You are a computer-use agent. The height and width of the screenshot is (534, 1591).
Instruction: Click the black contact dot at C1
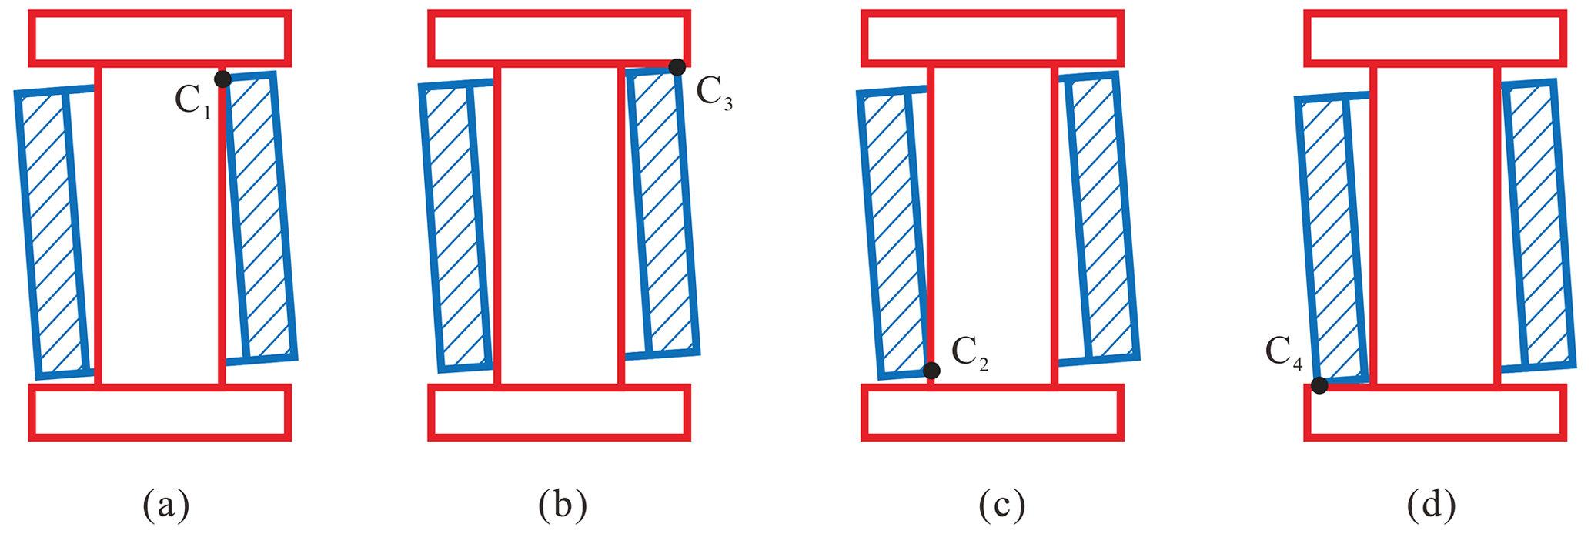222,79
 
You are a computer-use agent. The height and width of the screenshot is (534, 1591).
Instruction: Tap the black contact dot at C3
677,67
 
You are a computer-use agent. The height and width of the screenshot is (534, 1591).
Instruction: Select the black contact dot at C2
931,371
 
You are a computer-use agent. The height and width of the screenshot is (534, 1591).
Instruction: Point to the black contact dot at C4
1319,385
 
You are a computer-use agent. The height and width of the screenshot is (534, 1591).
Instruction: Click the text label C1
192,101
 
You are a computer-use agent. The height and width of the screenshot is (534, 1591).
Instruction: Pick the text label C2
970,354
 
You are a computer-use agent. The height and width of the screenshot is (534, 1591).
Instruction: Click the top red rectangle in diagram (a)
160,39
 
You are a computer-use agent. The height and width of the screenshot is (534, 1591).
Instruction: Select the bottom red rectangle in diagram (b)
559,412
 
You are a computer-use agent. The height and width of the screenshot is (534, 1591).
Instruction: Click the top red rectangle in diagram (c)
992,39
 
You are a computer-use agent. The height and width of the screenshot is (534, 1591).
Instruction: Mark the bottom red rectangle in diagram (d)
1436,412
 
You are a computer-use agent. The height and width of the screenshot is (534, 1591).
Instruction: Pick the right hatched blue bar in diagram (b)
663,212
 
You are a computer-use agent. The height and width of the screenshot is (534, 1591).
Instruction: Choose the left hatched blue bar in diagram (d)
1332,239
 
